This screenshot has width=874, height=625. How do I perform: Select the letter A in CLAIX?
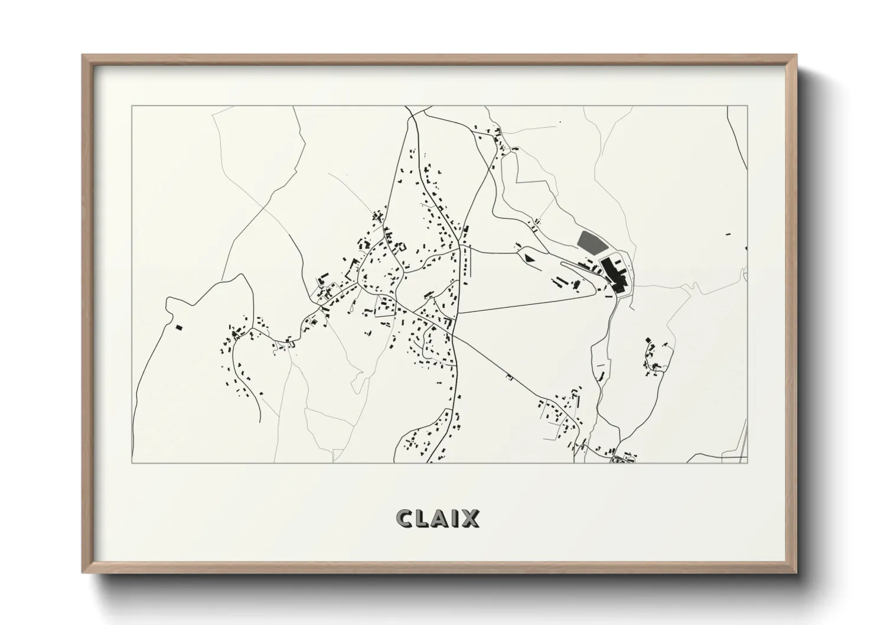[444, 518]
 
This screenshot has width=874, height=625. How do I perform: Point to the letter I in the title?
[458, 518]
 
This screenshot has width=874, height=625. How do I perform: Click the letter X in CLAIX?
[471, 518]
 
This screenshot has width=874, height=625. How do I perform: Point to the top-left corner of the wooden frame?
[83, 56]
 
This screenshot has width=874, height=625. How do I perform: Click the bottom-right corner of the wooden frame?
[797, 572]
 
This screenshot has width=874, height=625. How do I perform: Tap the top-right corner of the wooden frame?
[797, 56]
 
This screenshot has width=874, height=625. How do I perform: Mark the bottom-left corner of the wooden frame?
[83, 572]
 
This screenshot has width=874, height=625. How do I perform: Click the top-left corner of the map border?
[132, 106]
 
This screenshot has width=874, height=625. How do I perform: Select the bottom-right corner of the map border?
[748, 463]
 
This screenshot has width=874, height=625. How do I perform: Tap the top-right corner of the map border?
[748, 106]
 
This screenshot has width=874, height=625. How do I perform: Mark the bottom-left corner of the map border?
[132, 463]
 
